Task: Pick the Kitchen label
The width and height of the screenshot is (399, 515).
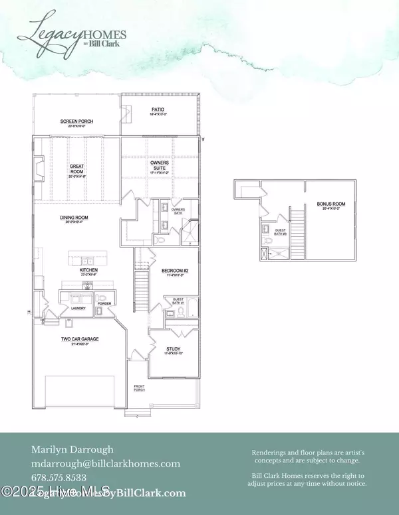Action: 89,271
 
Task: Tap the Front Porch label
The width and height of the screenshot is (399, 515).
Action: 138,387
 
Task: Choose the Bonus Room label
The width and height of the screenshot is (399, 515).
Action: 315,206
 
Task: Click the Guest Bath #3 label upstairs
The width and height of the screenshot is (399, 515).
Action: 281,232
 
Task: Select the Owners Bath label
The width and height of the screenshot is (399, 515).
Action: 178,210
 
